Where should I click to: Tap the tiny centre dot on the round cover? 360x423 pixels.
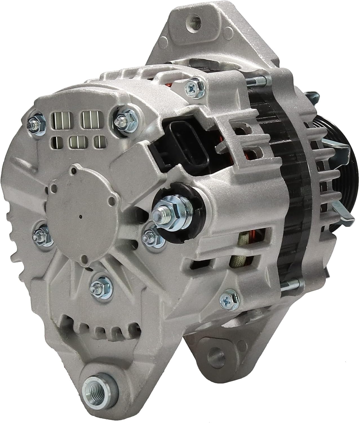coord(81,217)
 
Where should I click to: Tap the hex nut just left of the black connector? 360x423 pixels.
coord(124,116)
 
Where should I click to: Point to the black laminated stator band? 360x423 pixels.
coord(285,197)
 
